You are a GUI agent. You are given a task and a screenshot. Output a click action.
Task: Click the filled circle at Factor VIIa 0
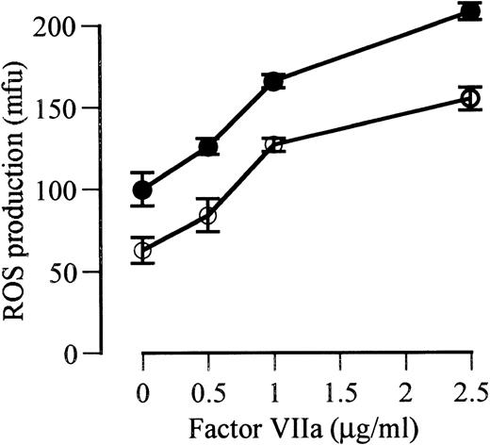pos(142,190)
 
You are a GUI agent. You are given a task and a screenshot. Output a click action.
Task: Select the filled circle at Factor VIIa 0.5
pos(207,147)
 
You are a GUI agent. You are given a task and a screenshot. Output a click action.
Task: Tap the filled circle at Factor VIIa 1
pos(273,81)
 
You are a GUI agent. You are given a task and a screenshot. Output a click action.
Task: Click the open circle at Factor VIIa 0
pos(142,250)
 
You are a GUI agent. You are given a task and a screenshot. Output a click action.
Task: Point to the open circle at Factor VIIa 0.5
pos(207,216)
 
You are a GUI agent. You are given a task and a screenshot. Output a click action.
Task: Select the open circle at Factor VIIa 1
pos(273,144)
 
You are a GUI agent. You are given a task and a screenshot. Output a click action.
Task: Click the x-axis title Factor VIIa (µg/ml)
pos(301,426)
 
